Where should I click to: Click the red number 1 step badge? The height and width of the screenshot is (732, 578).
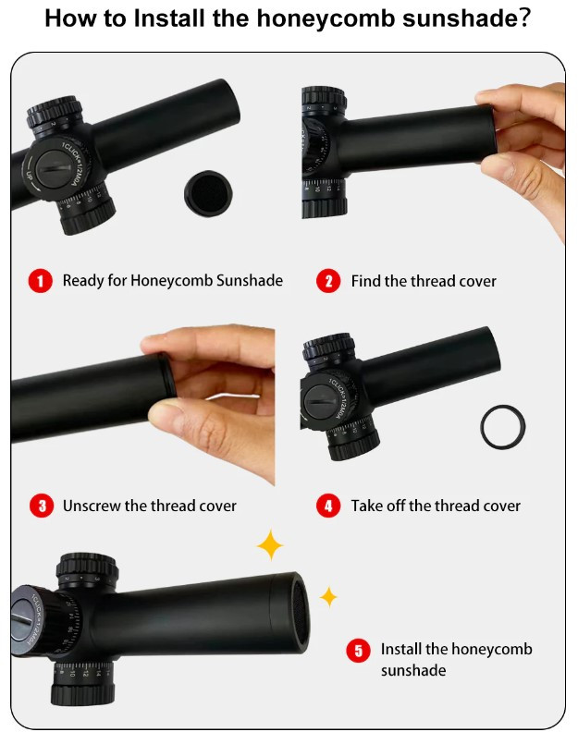(40, 281)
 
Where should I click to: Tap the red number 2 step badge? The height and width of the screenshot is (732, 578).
(328, 281)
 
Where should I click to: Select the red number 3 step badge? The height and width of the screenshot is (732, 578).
(42, 506)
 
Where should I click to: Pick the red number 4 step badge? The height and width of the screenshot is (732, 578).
(328, 506)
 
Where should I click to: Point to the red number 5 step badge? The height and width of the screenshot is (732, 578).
(359, 650)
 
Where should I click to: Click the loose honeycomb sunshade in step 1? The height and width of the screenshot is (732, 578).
(208, 193)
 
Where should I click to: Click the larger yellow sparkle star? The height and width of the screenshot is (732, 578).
(270, 544)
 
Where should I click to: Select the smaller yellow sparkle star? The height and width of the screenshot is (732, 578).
(328, 597)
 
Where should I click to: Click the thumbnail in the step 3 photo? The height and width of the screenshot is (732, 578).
(164, 410)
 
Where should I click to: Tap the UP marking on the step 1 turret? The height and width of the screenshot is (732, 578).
(29, 176)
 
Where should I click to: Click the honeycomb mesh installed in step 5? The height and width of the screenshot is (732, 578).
(301, 612)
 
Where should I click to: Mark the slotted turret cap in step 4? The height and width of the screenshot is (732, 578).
(319, 401)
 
